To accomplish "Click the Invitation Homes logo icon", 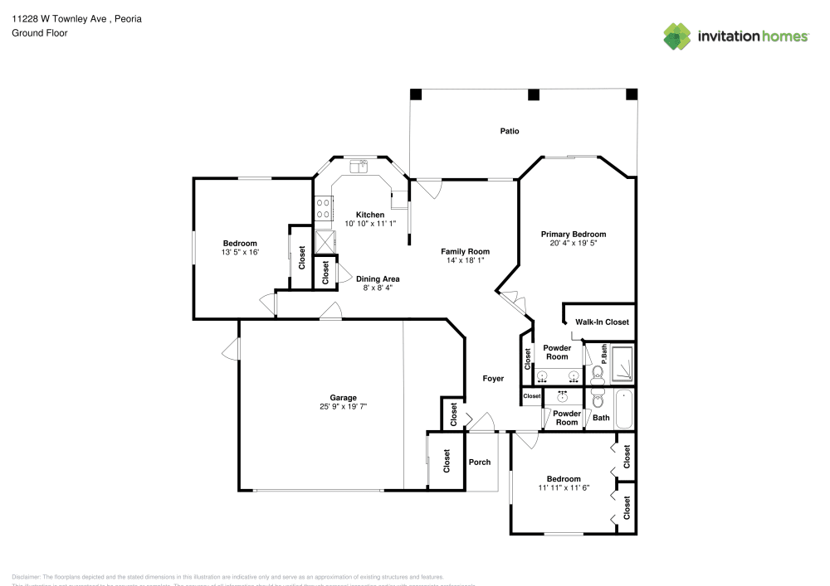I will [677, 36].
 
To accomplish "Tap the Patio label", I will [510, 131].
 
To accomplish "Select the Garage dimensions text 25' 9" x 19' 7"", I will [343, 407].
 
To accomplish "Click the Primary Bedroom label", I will [573, 235].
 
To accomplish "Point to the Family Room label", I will [465, 251].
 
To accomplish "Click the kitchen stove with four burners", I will [323, 207].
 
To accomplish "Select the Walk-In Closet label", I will [602, 322].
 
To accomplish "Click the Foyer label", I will [493, 379].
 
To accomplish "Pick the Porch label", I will [480, 463].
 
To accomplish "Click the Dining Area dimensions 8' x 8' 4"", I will [378, 288].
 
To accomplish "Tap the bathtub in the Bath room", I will [622, 409].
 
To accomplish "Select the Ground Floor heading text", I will [40, 33].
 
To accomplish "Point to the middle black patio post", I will [531, 94].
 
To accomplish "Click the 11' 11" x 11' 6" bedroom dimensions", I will [563, 488].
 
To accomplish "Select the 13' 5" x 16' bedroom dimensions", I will [240, 252].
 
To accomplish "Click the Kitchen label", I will [369, 215].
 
